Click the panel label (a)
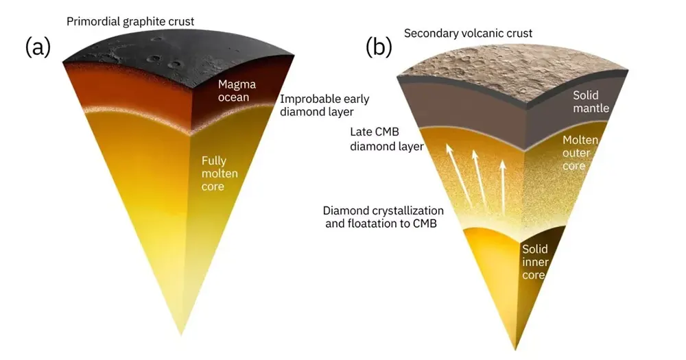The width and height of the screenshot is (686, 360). [x=38, y=47]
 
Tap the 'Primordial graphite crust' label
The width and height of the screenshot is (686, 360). [x=130, y=21]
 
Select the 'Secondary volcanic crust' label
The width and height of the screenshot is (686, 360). [x=469, y=33]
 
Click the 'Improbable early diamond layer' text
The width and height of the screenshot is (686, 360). [x=324, y=105]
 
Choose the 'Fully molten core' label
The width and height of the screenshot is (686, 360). [x=214, y=173]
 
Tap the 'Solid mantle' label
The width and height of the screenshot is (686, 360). [x=591, y=102]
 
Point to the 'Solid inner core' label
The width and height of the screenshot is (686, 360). [x=535, y=262]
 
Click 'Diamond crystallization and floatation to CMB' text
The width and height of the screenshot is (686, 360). [x=383, y=217]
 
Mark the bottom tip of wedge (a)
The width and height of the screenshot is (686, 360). [x=181, y=335]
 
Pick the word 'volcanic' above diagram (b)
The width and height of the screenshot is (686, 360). [x=478, y=33]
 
